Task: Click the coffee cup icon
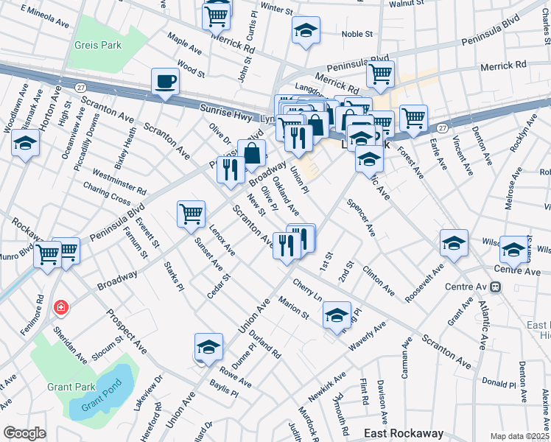(x=165, y=81)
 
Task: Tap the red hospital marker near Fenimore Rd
(x=60, y=306)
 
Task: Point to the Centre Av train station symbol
(x=495, y=286)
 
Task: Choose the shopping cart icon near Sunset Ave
(x=191, y=214)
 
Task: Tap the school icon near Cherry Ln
(x=337, y=315)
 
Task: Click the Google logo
(x=24, y=433)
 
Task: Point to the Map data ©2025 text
(x=520, y=436)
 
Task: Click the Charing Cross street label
(x=107, y=192)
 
